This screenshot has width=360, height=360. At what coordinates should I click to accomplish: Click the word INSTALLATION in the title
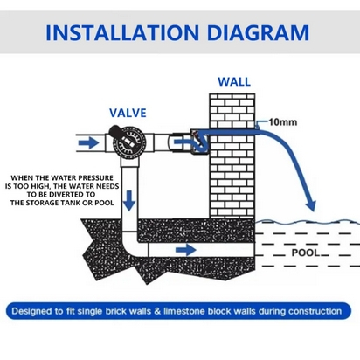(x=122, y=32)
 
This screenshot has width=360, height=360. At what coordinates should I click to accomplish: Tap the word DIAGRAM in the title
(x=258, y=32)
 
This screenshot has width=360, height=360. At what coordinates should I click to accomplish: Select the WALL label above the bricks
(x=234, y=82)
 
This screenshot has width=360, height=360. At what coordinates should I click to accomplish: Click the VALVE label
(x=128, y=113)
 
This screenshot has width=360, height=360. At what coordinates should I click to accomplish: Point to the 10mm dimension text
(x=283, y=122)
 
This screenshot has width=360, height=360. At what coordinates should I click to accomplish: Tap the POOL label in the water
(x=306, y=253)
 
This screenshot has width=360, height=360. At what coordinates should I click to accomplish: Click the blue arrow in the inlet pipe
(x=89, y=142)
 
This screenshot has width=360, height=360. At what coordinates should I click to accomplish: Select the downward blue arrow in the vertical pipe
(x=129, y=201)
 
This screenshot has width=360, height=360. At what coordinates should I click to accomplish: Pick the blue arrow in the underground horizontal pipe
(x=186, y=250)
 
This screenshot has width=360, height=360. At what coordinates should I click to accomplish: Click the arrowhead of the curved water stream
(x=311, y=205)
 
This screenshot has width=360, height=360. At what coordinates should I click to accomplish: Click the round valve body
(x=129, y=142)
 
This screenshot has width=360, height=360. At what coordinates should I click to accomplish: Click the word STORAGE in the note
(x=52, y=203)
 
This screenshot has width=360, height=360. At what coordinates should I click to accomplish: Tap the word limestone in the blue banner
(x=184, y=311)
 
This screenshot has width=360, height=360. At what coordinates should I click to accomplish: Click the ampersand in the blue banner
(x=157, y=311)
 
